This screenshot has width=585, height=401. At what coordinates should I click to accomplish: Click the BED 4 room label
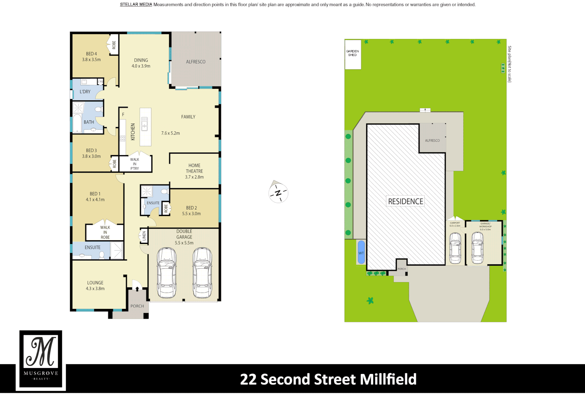pyautogui.click(x=91, y=54)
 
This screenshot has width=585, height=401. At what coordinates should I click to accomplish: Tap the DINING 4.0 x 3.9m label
pyautogui.click(x=141, y=63)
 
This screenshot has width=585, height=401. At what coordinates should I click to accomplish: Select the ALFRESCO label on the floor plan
pyautogui.click(x=195, y=62)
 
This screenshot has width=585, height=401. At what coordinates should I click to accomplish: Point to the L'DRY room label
pyautogui.click(x=85, y=92)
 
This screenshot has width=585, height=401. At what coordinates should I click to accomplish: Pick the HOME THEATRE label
pyautogui.click(x=194, y=168)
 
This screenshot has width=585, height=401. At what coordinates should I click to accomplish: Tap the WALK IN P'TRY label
pyautogui.click(x=135, y=164)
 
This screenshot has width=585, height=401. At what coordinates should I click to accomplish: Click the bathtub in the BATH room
pyautogui.click(x=77, y=124)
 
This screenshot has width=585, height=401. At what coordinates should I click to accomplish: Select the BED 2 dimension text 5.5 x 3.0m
pyautogui.click(x=191, y=214)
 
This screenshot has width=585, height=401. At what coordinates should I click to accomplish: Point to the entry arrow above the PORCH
pyautogui.click(x=137, y=288)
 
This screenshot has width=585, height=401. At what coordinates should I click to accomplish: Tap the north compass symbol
pyautogui.click(x=278, y=193)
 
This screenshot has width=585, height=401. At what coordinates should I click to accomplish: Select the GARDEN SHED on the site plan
pyautogui.click(x=352, y=54)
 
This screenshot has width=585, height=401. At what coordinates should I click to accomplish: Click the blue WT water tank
pyautogui.click(x=361, y=252)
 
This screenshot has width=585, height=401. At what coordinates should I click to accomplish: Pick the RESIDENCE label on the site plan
pyautogui.click(x=405, y=201)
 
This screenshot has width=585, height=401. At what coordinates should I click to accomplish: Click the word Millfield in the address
pyautogui.click(x=388, y=379)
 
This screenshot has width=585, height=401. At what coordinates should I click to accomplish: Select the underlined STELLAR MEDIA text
pyautogui.click(x=136, y=5)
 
